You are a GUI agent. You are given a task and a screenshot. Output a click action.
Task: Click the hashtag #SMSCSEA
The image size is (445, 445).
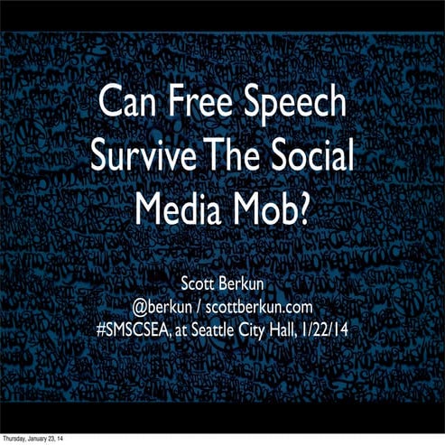click(135, 331)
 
